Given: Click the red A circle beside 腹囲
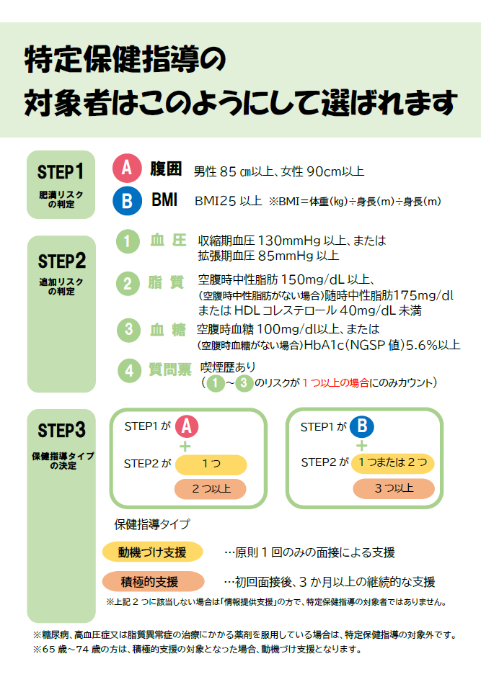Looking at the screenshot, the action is click(127, 168).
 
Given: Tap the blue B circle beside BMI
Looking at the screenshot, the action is click(127, 200).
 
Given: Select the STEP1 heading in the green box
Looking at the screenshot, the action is click(60, 172).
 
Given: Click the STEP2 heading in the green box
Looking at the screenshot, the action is click(61, 261).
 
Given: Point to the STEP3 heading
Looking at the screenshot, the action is click(61, 430).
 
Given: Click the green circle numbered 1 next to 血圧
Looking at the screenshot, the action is click(128, 241).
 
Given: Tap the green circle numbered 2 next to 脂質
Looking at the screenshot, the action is click(128, 284).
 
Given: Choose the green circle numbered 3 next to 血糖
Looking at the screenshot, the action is click(128, 330).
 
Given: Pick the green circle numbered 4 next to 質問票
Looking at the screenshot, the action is click(129, 371).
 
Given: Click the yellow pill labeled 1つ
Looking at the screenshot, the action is click(211, 464).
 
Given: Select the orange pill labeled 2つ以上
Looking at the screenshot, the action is click(211, 489).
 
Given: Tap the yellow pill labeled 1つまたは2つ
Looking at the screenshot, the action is click(393, 462).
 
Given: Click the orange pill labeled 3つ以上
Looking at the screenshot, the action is click(394, 488).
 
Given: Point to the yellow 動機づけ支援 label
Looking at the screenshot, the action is click(152, 552).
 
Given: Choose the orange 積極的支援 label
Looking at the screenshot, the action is click(154, 581).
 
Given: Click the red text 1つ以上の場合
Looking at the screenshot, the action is click(335, 382).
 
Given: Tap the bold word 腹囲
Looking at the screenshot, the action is click(166, 169).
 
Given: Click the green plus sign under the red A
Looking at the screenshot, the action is click(185, 447).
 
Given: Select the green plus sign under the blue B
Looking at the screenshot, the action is click(361, 445).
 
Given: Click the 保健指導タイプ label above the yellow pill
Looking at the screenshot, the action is click(152, 524).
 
